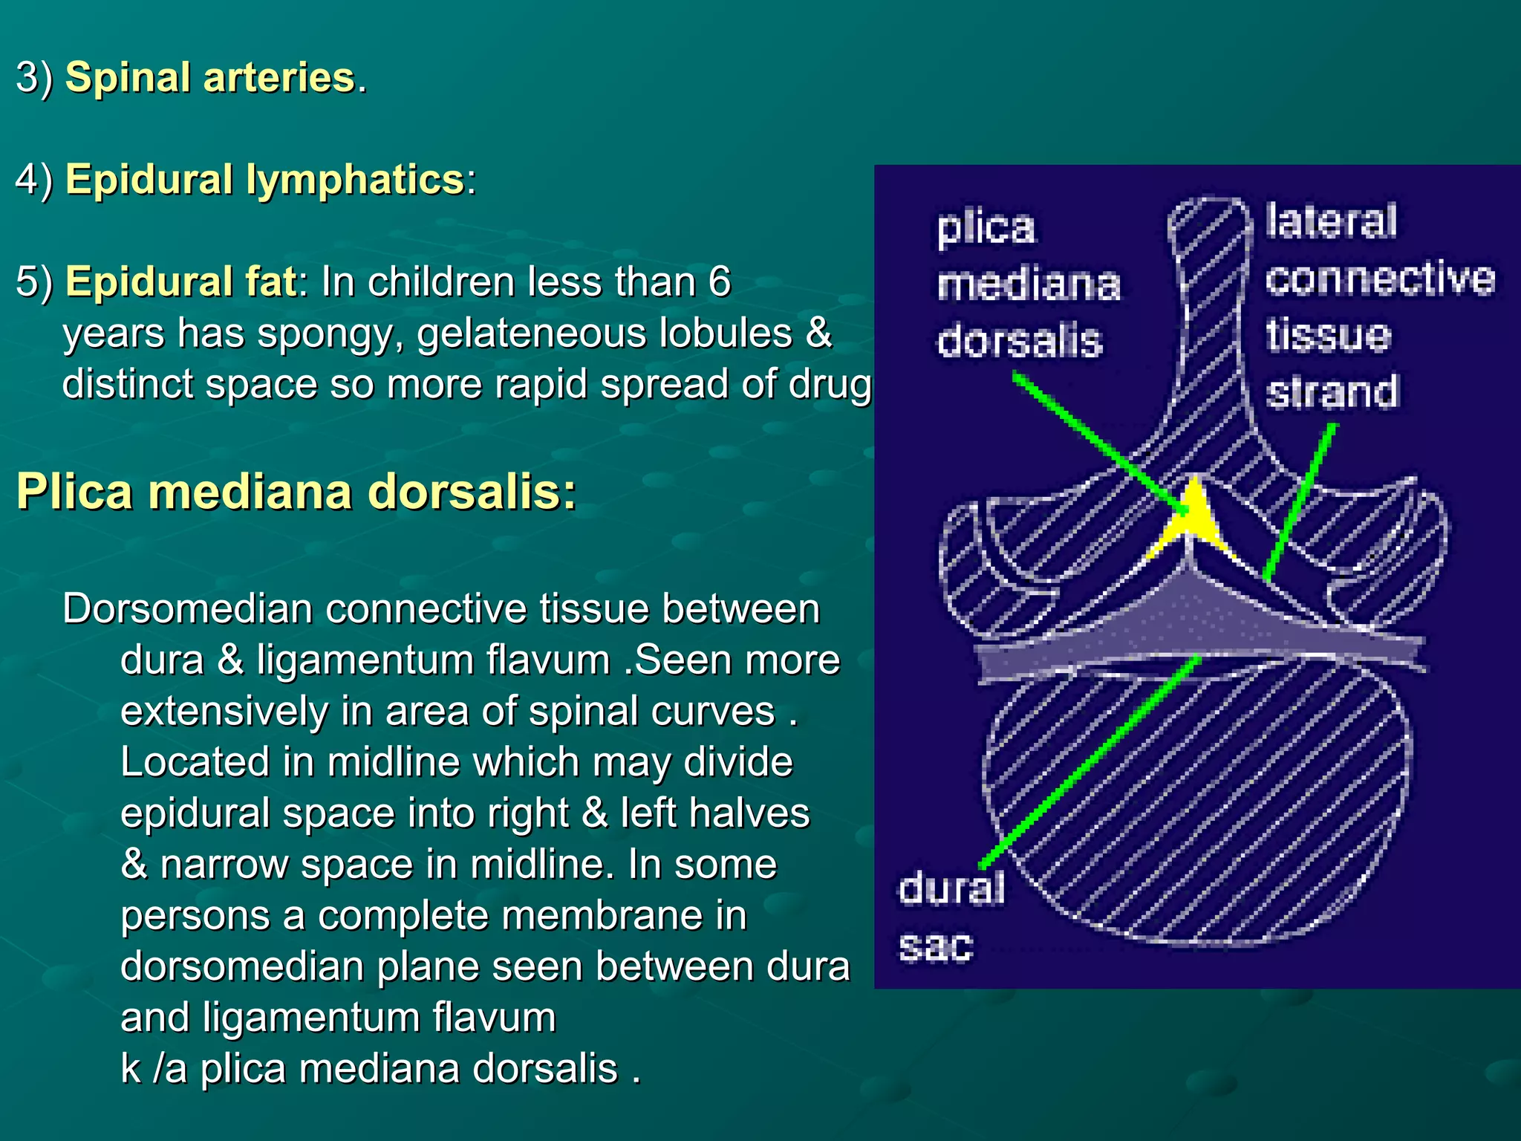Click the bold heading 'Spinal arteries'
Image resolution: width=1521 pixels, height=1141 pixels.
210,77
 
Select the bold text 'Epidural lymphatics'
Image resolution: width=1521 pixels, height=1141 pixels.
265,180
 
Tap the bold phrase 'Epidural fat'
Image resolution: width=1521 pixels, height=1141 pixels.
181,282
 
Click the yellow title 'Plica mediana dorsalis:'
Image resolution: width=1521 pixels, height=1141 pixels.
296,492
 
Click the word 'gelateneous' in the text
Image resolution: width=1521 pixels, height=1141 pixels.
534,334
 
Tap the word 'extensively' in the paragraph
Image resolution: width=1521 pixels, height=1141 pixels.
224,712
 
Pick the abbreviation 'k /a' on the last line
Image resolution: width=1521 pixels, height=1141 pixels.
153,1069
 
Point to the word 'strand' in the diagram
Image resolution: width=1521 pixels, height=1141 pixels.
1332,391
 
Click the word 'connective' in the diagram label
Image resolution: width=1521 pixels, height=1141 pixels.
1380,279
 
